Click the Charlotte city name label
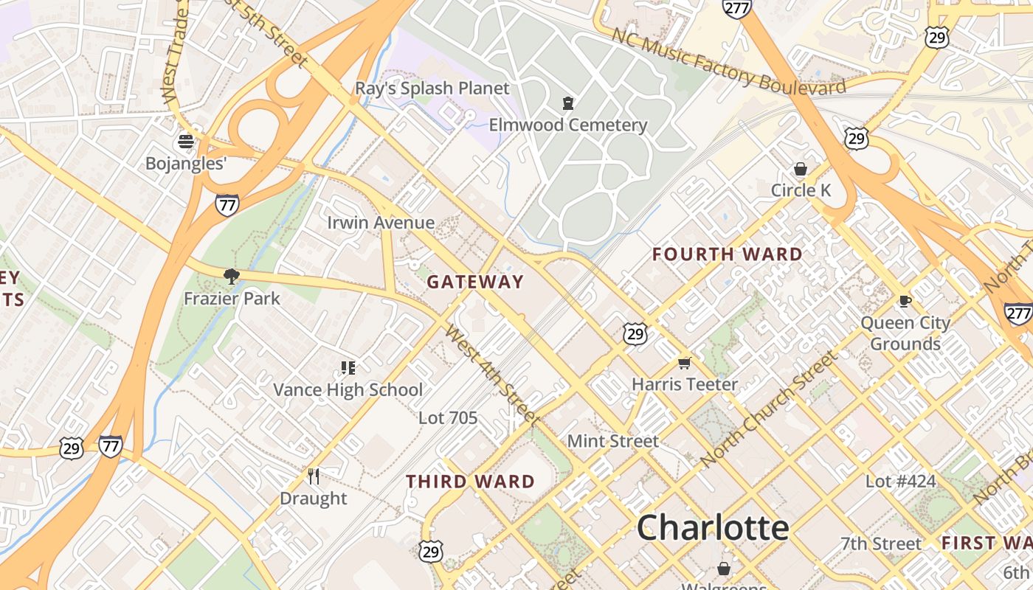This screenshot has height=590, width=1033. click(x=713, y=528)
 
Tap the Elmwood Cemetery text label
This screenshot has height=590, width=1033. click(x=567, y=125)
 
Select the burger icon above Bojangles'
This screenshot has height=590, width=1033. click(x=186, y=141)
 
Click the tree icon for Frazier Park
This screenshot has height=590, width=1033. click(x=232, y=277)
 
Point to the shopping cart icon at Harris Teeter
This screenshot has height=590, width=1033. click(x=685, y=363)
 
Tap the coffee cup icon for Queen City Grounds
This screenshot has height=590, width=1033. click(x=905, y=301)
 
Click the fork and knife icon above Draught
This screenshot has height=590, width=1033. click(x=314, y=476)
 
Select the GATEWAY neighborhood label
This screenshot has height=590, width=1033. click(x=475, y=282)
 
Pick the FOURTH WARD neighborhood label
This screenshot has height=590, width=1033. click(x=728, y=255)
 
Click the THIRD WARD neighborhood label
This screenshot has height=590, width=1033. click(x=471, y=482)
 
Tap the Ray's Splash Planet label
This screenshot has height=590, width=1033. click(x=432, y=88)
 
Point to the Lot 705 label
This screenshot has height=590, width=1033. click(x=448, y=418)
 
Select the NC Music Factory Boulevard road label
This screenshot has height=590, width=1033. click(x=729, y=62)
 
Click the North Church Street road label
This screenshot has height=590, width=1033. click(x=769, y=409)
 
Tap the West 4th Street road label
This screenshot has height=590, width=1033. click(x=491, y=375)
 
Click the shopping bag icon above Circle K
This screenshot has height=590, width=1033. click(x=801, y=170)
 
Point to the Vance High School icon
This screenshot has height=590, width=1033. click(x=348, y=367)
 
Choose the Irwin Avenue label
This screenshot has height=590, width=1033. click(x=381, y=223)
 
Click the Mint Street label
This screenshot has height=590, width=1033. click(x=612, y=441)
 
